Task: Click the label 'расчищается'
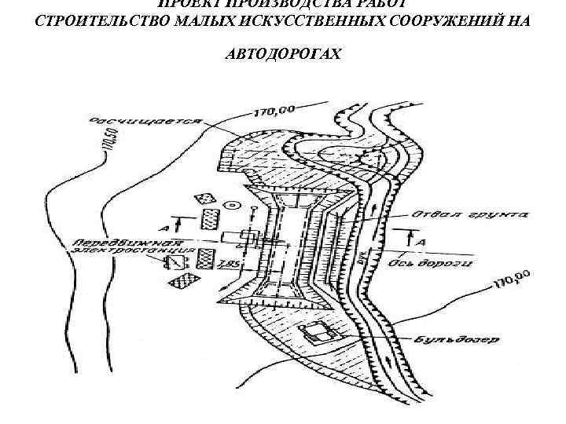coord(145,123)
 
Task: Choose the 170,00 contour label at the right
coord(510,278)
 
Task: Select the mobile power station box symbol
coord(178,262)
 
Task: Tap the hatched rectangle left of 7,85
coord(206,257)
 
